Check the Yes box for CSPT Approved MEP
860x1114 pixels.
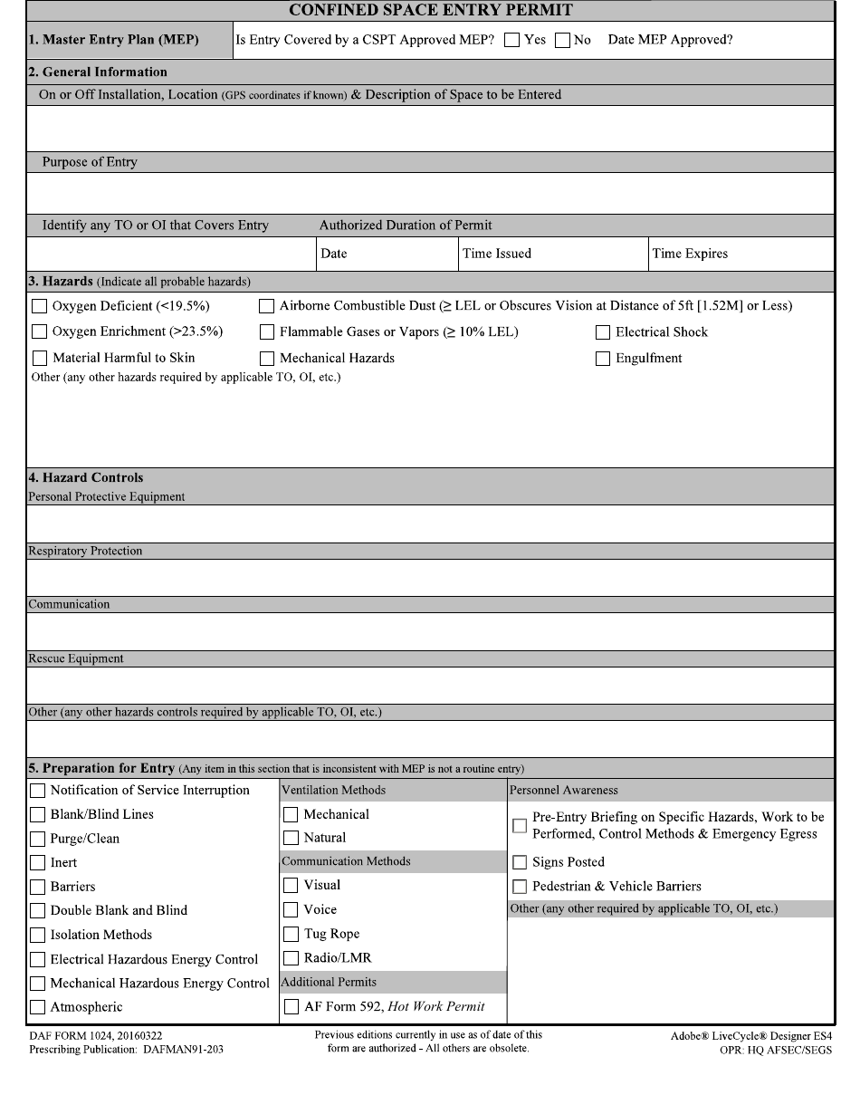(512, 41)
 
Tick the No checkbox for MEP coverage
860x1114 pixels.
(562, 41)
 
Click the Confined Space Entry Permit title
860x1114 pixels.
(430, 11)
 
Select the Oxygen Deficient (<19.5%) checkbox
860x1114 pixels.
(39, 306)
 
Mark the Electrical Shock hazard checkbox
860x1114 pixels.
(603, 332)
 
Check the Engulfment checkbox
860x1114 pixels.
(603, 359)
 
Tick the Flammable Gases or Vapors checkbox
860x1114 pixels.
(267, 332)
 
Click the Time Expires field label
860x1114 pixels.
(689, 254)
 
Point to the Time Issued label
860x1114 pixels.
(497, 254)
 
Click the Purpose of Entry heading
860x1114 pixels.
(90, 162)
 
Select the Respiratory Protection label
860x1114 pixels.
(85, 551)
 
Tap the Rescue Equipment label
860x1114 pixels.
(76, 658)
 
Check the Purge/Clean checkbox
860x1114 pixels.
(38, 839)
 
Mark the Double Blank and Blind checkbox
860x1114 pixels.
(38, 911)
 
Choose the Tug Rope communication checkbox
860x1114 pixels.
(291, 934)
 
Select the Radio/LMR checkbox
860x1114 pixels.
(291, 958)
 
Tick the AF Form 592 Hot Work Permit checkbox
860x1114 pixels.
(291, 1006)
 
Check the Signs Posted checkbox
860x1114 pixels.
(520, 862)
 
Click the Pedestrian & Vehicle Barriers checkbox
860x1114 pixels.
(520, 887)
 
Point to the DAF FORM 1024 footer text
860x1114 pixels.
(95, 1035)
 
